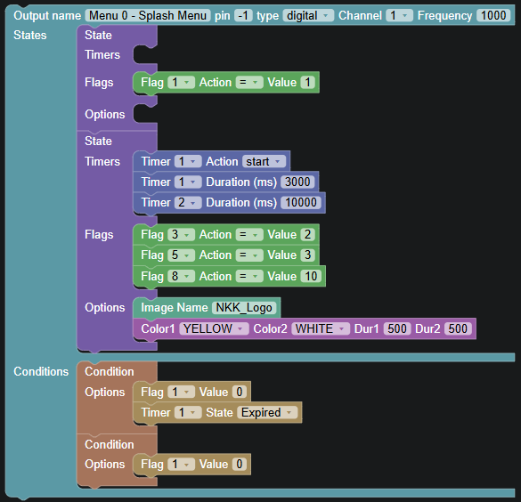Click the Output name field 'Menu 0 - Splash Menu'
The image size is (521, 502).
coord(148,16)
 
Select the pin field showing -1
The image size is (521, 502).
coord(243,16)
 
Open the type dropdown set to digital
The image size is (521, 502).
coord(308,16)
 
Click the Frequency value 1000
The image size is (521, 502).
coord(493,16)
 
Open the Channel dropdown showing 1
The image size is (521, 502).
coord(399,16)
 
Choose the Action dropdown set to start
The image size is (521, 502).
coord(264,162)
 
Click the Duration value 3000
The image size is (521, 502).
coord(297,182)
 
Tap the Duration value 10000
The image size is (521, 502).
coord(301,203)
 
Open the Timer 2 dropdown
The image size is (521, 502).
coord(188,203)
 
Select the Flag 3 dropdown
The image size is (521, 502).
coord(181,235)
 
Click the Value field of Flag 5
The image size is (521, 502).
coord(307,255)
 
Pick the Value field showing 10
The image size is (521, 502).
coord(311,276)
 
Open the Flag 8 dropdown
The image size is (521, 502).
coord(181,276)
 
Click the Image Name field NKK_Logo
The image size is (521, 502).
coord(244,308)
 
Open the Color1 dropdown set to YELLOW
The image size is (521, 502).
coord(214,328)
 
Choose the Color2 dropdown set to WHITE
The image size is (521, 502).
coord(321,328)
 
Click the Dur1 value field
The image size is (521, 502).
coord(397,328)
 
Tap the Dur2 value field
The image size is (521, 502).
coord(458,328)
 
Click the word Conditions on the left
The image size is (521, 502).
coord(41,371)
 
